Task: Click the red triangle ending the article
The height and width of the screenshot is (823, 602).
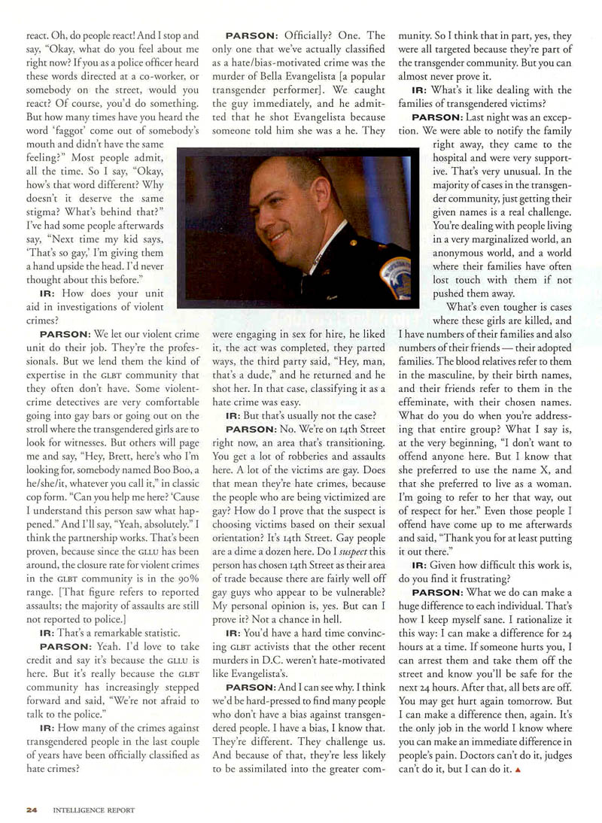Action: (x=517, y=770)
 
